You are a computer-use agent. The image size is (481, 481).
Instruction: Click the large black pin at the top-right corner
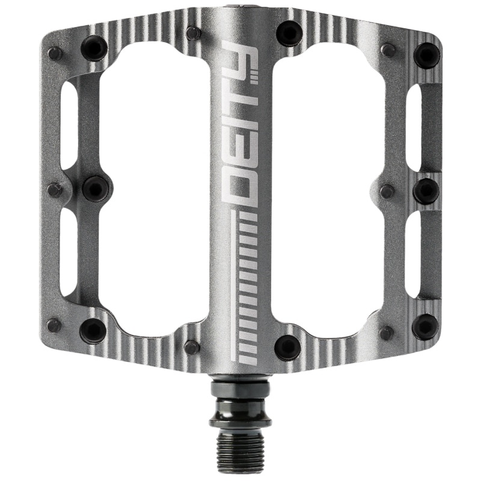pos(426,55)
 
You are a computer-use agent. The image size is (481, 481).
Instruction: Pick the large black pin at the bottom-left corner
pos(93,329)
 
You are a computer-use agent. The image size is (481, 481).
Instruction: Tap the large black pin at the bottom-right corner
pos(424,326)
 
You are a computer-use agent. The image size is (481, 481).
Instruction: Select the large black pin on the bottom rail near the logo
pos(287,347)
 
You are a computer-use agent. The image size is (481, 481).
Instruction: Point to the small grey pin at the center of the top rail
pos(193,33)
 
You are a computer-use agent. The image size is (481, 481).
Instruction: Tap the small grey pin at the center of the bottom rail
pos(192,347)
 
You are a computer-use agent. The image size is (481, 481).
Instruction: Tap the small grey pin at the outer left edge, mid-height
pos(55,190)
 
